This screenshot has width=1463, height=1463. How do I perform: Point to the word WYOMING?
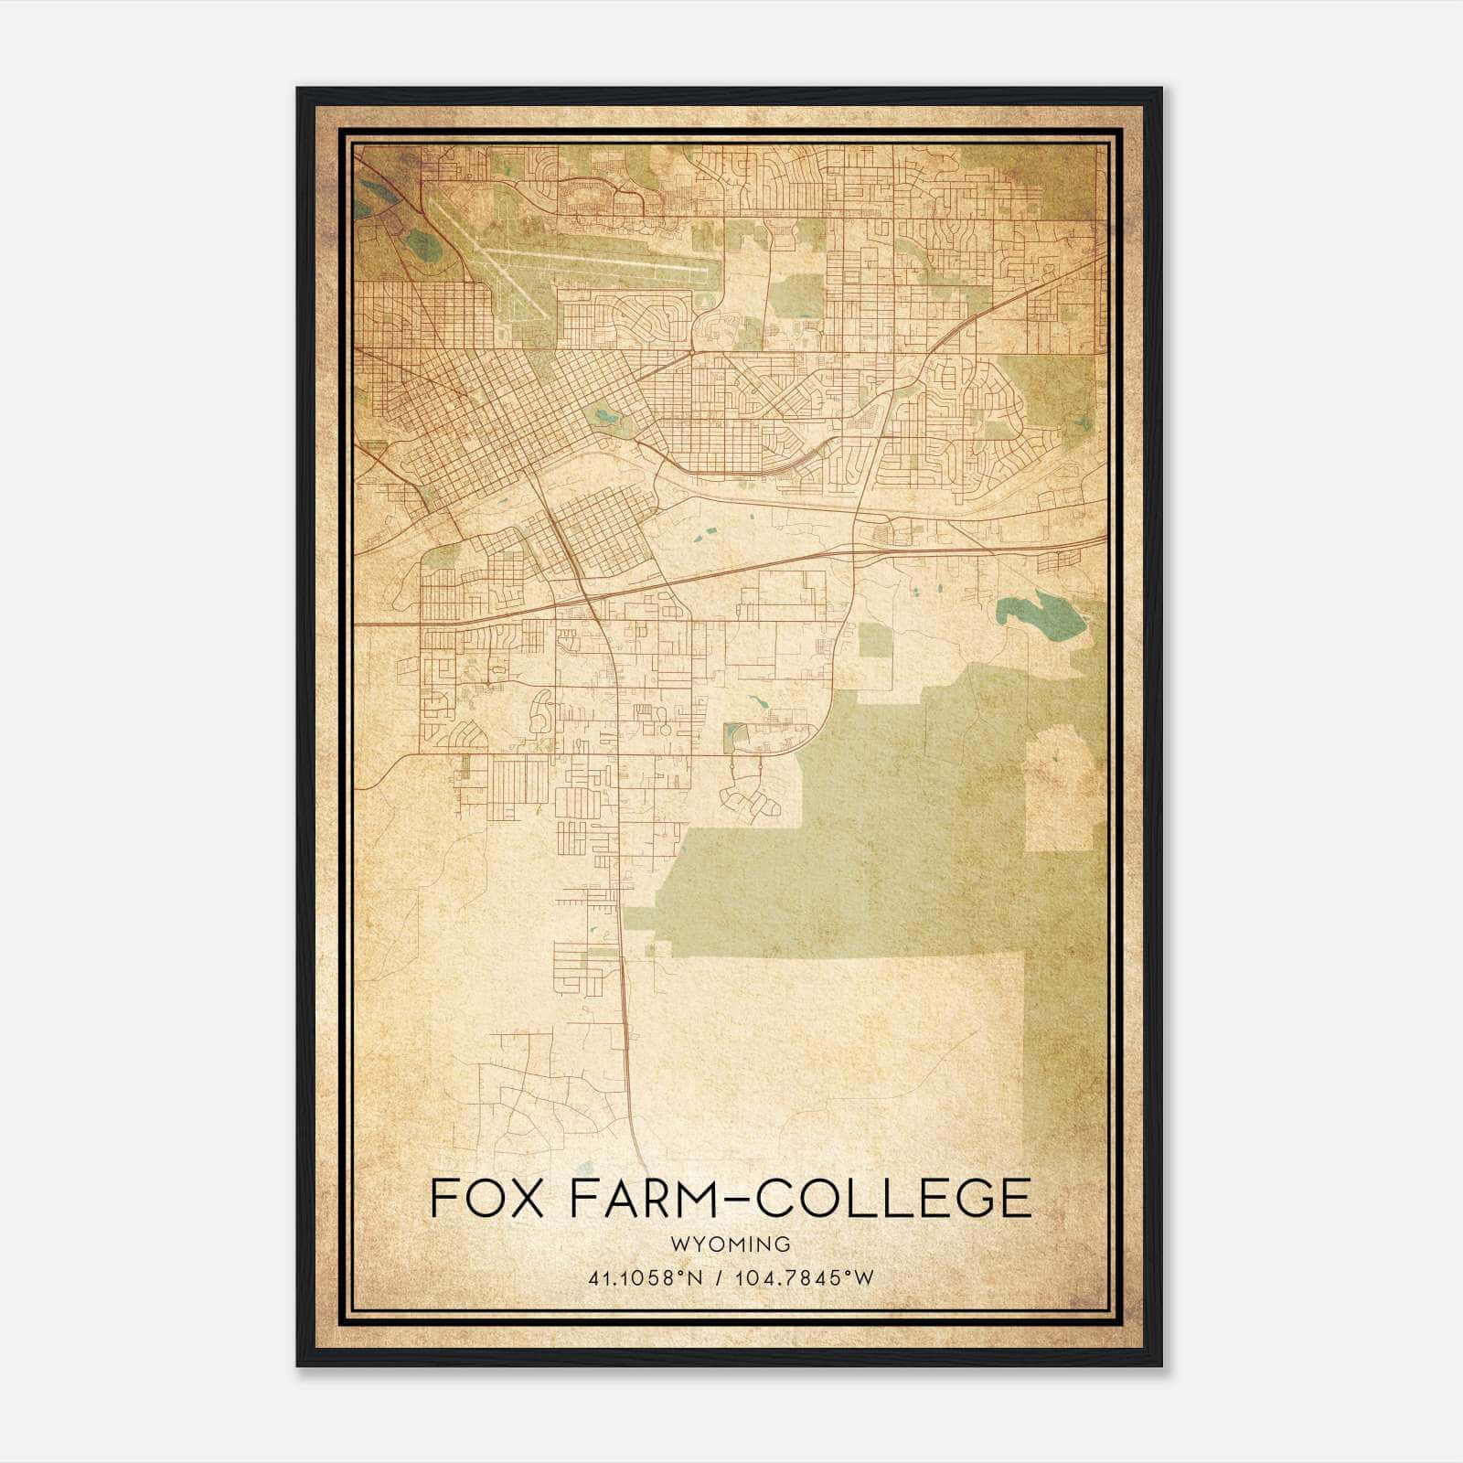click(x=730, y=1244)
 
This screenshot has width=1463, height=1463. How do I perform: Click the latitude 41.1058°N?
click(x=646, y=1278)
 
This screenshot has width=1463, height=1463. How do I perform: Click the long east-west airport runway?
click(x=594, y=261)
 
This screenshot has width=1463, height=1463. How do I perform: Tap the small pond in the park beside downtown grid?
click(x=605, y=416)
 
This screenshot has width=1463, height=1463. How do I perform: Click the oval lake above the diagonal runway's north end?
click(x=422, y=243)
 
